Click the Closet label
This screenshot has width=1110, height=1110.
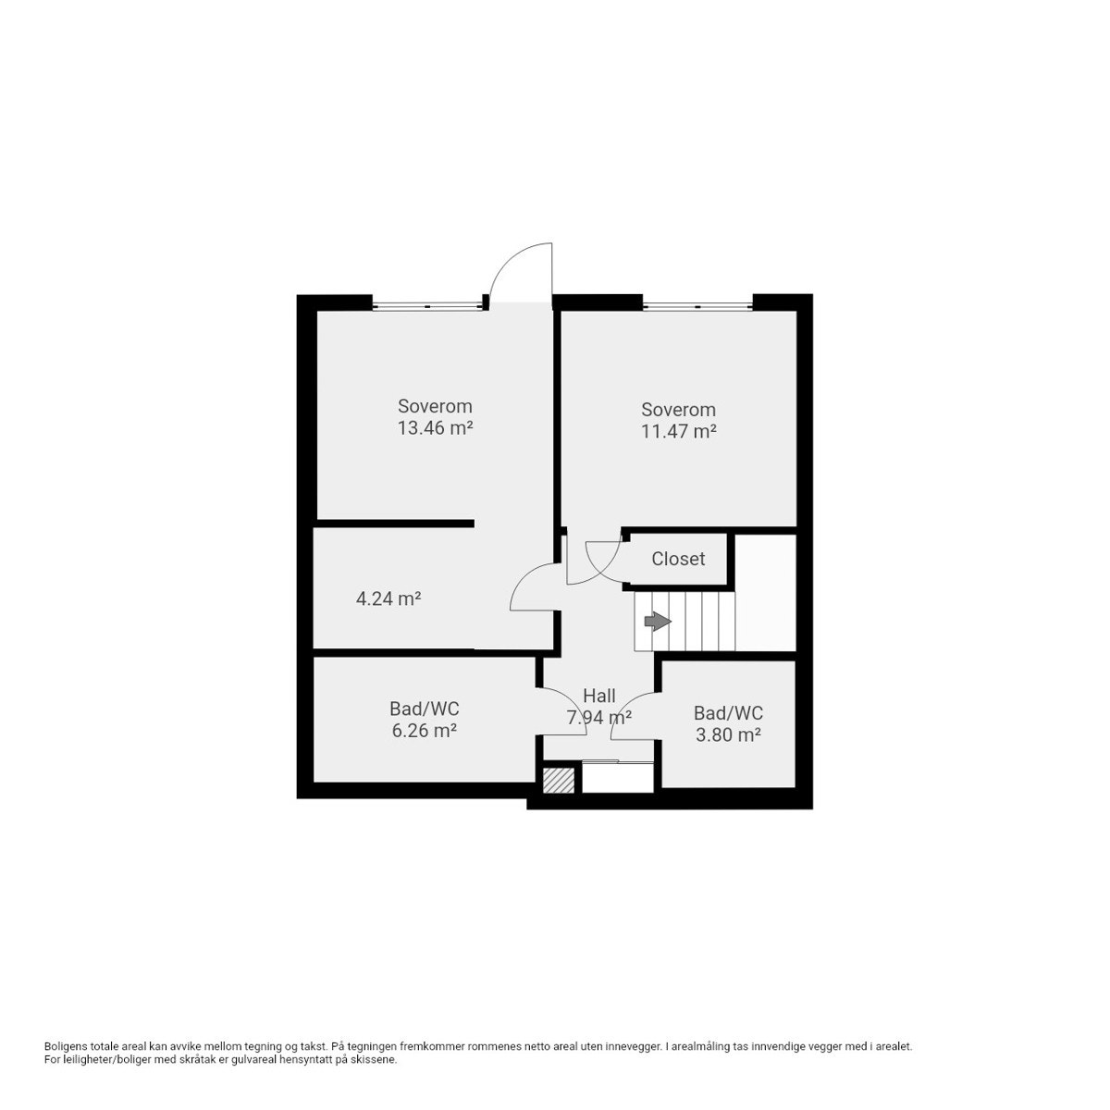click(x=677, y=559)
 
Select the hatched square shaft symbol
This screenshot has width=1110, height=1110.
click(x=559, y=781)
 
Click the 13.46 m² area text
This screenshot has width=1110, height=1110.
click(x=435, y=428)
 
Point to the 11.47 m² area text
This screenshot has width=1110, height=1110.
click(x=679, y=431)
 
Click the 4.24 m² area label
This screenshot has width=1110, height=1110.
click(x=388, y=599)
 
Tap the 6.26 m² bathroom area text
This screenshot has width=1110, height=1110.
click(x=425, y=731)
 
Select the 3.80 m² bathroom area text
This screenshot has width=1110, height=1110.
click(x=728, y=735)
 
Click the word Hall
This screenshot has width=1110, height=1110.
click(x=599, y=696)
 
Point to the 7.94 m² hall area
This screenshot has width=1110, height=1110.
click(x=599, y=718)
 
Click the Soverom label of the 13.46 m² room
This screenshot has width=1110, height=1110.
click(x=435, y=406)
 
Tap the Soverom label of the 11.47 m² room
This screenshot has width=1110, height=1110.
click(x=679, y=410)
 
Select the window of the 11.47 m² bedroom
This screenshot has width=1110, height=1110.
click(x=697, y=306)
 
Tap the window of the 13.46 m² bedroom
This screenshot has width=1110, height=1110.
click(x=427, y=306)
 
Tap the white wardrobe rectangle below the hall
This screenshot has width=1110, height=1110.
click(x=618, y=778)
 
